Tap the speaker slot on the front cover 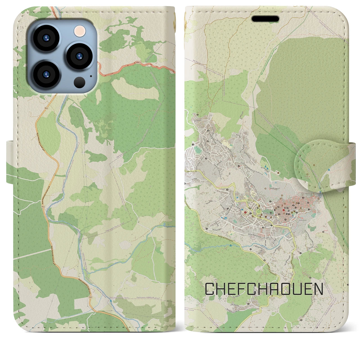265,19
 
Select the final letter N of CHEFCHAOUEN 318,289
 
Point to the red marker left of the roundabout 245,212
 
